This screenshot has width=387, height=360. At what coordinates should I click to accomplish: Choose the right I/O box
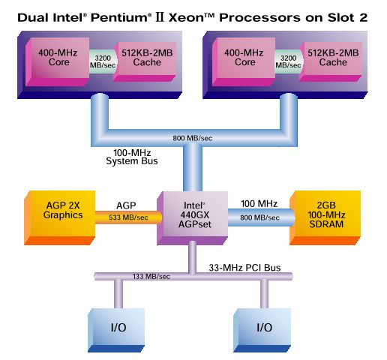pos(263,327)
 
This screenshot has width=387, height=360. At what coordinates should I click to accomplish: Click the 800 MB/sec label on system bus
pos(194,138)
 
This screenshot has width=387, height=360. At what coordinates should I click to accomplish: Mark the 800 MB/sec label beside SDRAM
pos(257,217)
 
